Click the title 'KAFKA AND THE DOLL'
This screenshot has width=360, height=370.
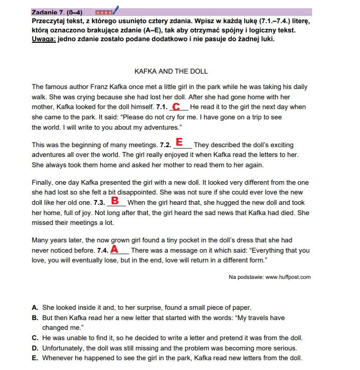tap(171, 71)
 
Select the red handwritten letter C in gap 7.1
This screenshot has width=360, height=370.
tap(176, 107)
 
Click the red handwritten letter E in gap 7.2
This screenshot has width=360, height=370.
tap(179, 141)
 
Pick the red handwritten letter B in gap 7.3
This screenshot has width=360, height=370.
tap(115, 200)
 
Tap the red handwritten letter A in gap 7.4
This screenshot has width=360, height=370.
tap(115, 249)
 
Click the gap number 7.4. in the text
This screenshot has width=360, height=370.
tap(103, 251)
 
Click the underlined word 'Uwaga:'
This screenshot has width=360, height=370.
tap(44, 39)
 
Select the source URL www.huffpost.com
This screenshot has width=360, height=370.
tap(288, 277)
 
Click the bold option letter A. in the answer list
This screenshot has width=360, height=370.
tap(35, 307)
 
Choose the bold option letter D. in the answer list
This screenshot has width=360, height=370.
tap(35, 348)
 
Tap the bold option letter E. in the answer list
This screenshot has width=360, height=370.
tap(35, 358)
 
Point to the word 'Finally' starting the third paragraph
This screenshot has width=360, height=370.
tap(43, 183)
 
